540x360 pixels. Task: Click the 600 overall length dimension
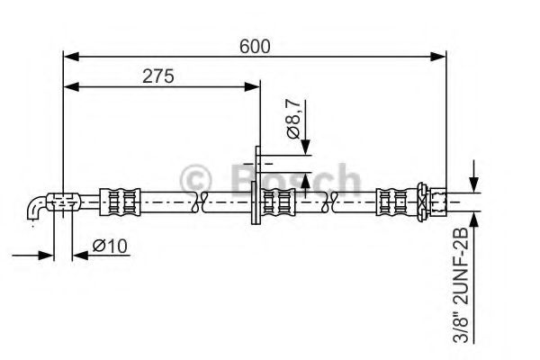[256, 45]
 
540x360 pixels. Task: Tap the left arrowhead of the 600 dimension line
[69, 57]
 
